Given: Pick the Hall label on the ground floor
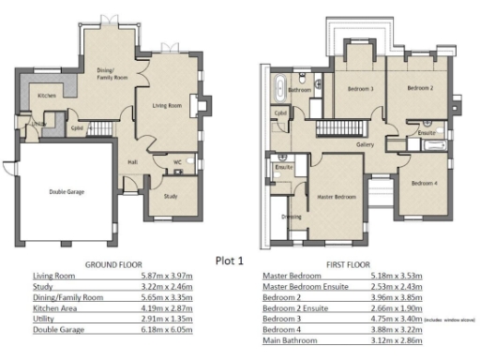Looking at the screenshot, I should (x=132, y=161).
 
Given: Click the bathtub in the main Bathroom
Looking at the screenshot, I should (x=279, y=90).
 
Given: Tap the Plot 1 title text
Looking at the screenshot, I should (x=229, y=260).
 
